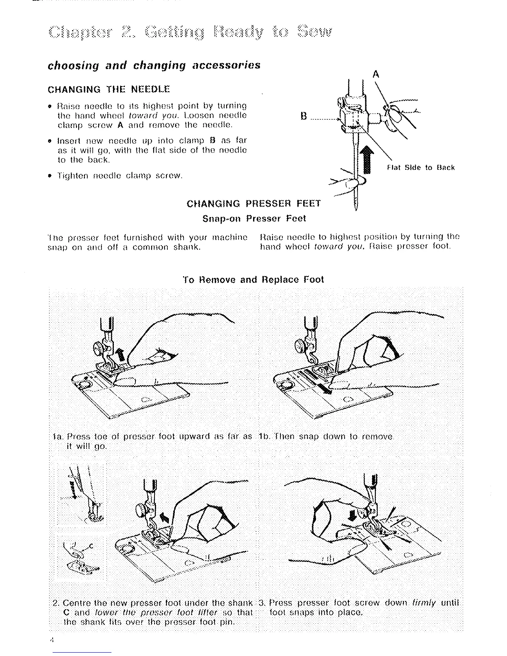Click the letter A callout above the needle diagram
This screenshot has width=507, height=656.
point(376,74)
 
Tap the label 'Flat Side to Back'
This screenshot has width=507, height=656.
point(420,168)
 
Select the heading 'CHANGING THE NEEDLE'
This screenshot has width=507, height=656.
point(109,89)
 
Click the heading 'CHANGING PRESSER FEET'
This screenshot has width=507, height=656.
point(254,204)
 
